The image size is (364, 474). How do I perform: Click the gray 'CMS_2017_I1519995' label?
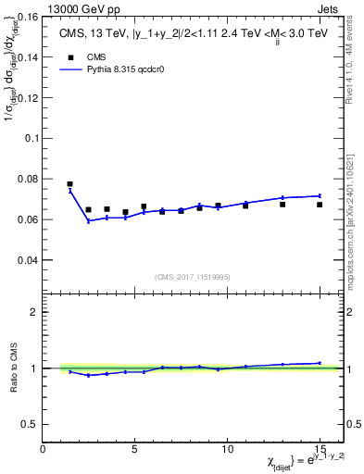click(x=192, y=277)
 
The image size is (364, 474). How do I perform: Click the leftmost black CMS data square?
click(x=69, y=184)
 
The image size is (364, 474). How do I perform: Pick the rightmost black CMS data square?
click(x=320, y=205)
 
